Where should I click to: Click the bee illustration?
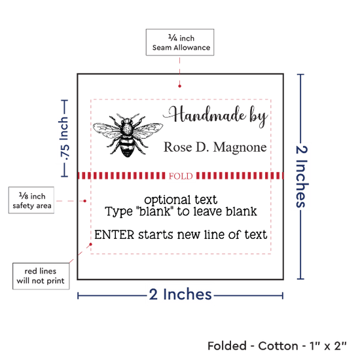point(128,135)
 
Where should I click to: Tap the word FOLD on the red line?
point(181,176)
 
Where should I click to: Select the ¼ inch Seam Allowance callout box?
point(180,43)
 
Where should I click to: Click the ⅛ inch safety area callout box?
point(31,200)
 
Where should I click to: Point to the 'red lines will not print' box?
point(41,276)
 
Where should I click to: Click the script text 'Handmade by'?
point(215,116)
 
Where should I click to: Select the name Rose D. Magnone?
point(215,147)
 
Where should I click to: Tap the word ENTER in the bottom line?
point(115,235)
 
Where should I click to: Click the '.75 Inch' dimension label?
point(64,139)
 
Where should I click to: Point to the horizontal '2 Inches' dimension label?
point(180,295)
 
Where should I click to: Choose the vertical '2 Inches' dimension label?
point(302,177)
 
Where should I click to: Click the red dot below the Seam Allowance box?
point(179,86)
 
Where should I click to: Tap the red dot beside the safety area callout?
point(84,201)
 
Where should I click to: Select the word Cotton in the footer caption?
point(278,346)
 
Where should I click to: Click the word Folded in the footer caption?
point(227,346)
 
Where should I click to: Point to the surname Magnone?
point(240,148)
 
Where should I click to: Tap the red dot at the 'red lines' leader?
point(91,244)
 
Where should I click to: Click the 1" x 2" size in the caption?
point(328,346)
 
